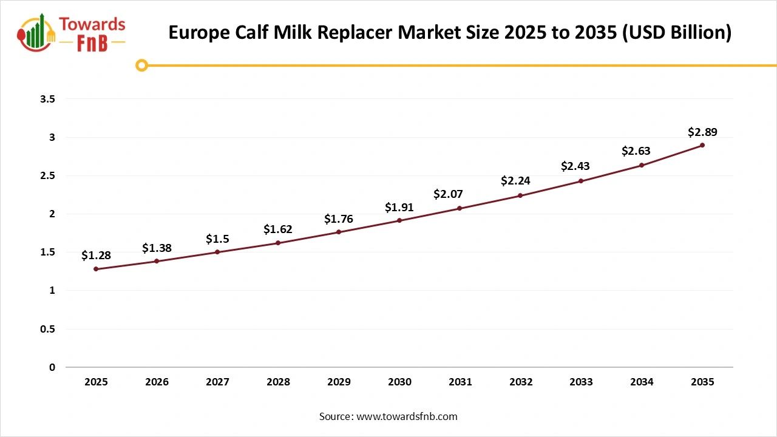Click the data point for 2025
(96, 269)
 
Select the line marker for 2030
(399, 220)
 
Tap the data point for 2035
(702, 145)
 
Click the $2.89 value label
(702, 132)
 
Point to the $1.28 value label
(96, 256)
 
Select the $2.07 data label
(448, 194)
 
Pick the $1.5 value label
(217, 239)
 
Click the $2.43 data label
(575, 166)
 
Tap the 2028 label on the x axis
(278, 382)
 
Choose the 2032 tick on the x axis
(521, 382)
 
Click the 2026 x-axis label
(157, 382)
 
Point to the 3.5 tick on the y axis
(47, 99)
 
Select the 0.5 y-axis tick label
(47, 329)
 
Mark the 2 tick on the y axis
(52, 214)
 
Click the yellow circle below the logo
(141, 65)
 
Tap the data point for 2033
(581, 181)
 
